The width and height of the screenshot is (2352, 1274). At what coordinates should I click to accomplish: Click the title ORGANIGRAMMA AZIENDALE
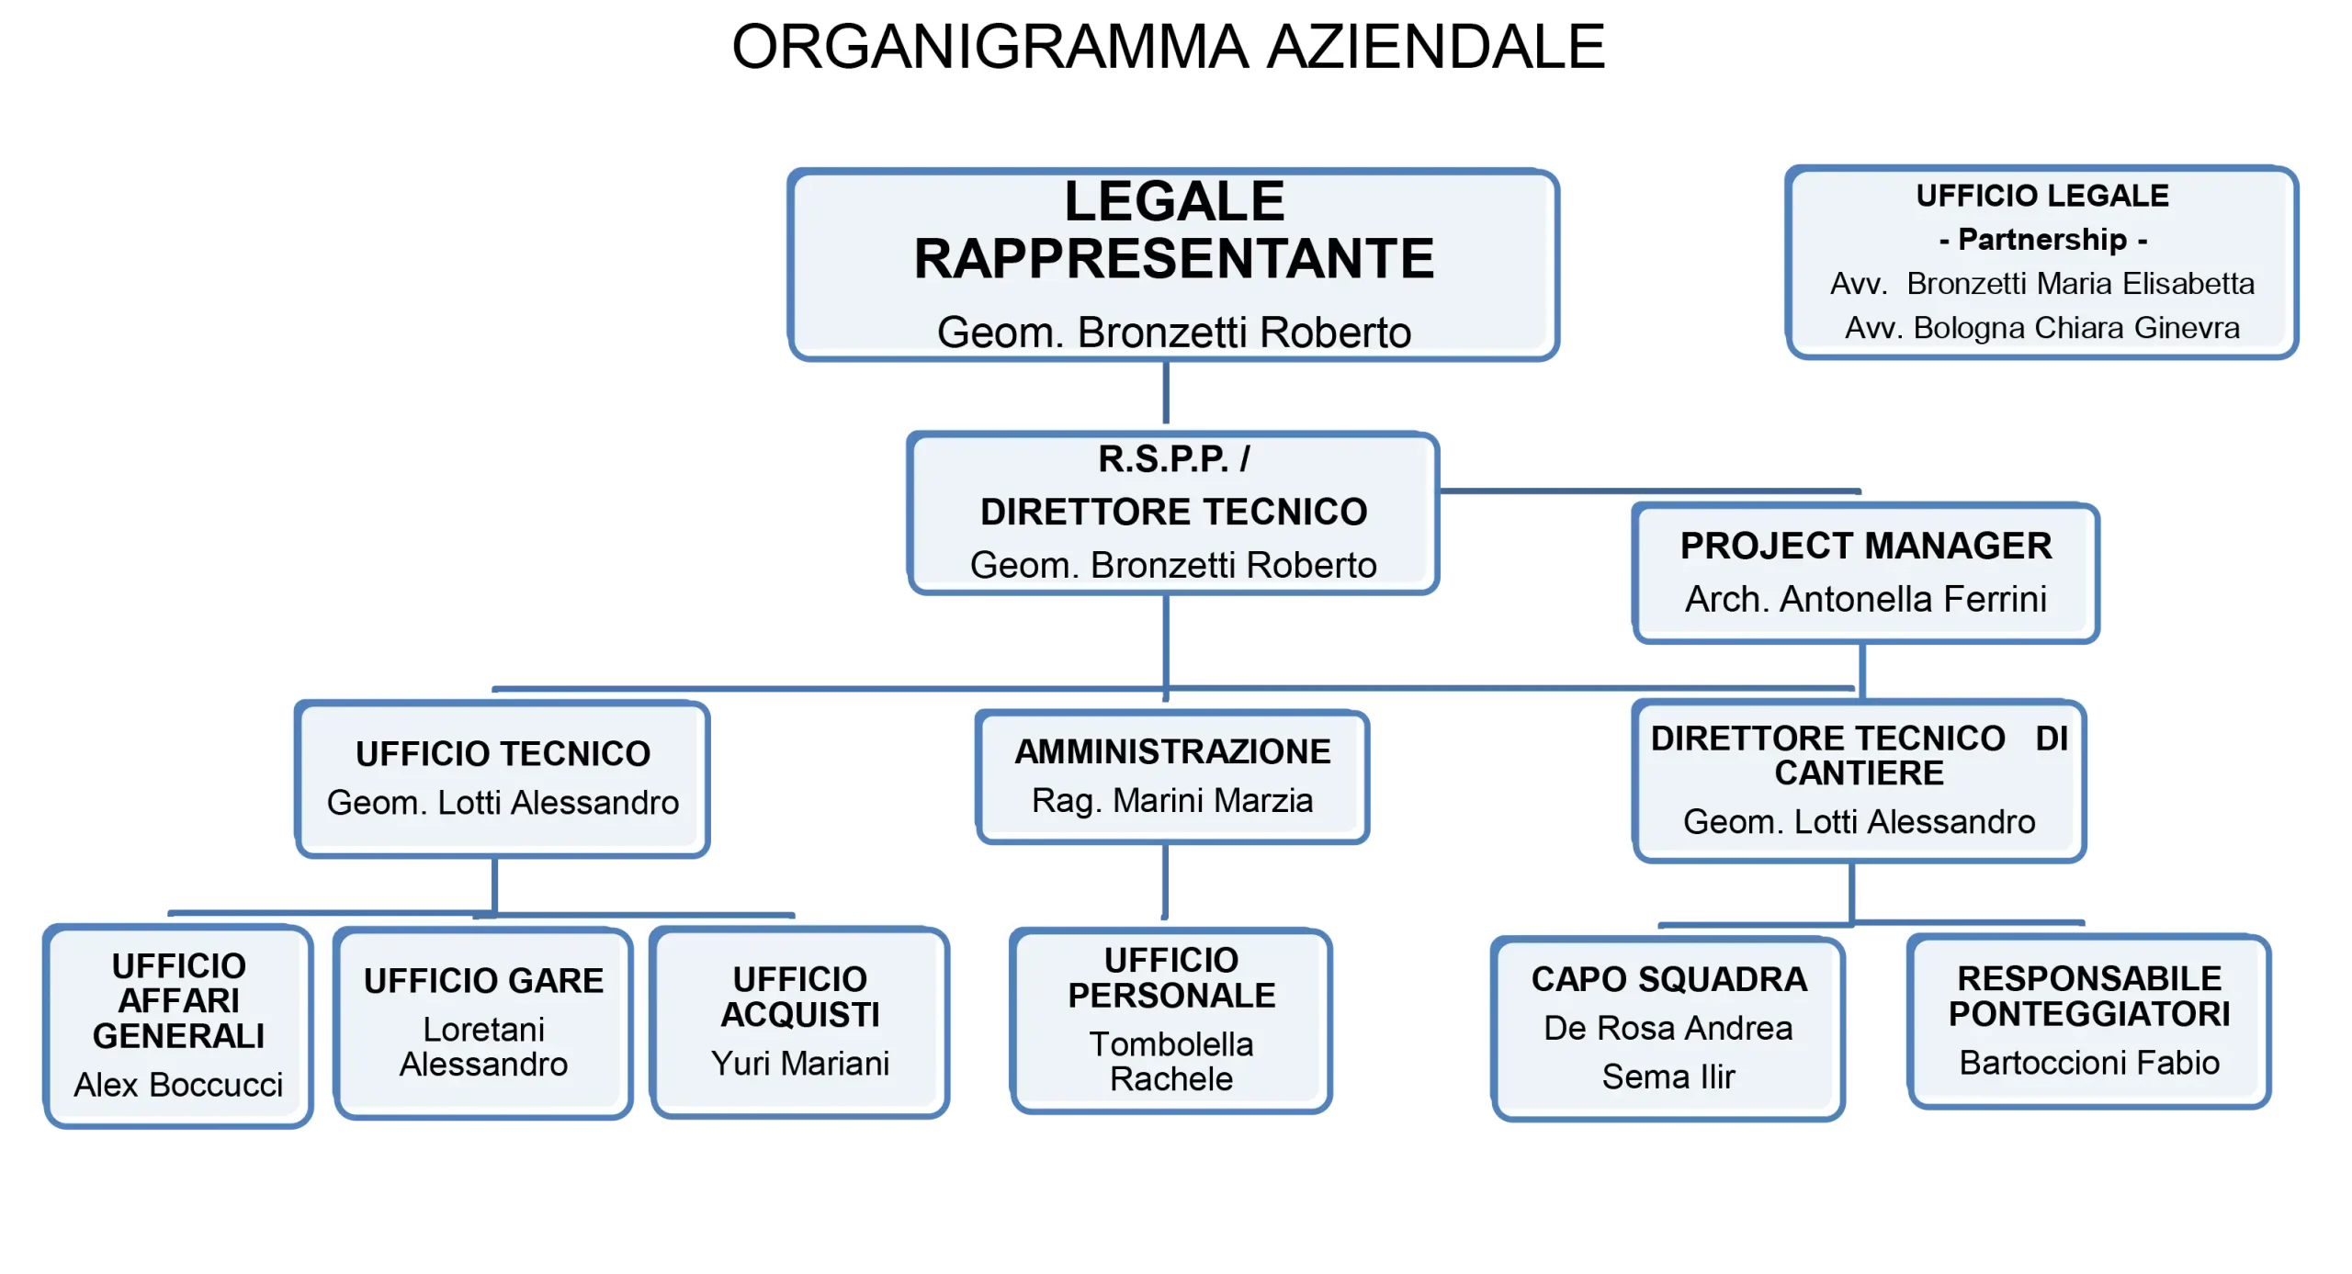click(1168, 47)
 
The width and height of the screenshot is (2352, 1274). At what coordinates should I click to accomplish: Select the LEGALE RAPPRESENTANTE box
click(1174, 265)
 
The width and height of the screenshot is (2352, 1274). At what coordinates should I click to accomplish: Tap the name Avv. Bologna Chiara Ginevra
click(2041, 328)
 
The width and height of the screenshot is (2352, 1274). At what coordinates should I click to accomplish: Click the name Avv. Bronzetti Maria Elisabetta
click(2041, 284)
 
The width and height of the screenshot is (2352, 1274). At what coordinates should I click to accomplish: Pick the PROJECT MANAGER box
click(1865, 571)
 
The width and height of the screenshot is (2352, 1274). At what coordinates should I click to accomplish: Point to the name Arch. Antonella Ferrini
click(1865, 600)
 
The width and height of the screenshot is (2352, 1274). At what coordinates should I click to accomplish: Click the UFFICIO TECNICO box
click(503, 777)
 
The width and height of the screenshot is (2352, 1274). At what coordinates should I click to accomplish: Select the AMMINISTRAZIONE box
click(1172, 776)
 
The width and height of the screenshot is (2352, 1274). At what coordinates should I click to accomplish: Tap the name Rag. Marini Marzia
click(1172, 801)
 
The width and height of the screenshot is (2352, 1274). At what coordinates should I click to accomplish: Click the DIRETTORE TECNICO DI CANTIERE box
click(1858, 781)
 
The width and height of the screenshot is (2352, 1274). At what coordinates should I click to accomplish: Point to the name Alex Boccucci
click(178, 1086)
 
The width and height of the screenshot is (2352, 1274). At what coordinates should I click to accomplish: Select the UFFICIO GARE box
click(483, 1021)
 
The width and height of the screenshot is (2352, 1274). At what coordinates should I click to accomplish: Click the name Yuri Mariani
click(799, 1064)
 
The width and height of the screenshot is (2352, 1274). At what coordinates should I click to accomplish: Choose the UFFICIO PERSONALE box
click(1171, 1020)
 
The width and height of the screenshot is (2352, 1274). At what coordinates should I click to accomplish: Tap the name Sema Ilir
click(1668, 1077)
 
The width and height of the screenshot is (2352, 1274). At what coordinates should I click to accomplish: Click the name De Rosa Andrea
click(1668, 1029)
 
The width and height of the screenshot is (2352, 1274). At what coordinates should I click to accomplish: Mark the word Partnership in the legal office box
click(2041, 240)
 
